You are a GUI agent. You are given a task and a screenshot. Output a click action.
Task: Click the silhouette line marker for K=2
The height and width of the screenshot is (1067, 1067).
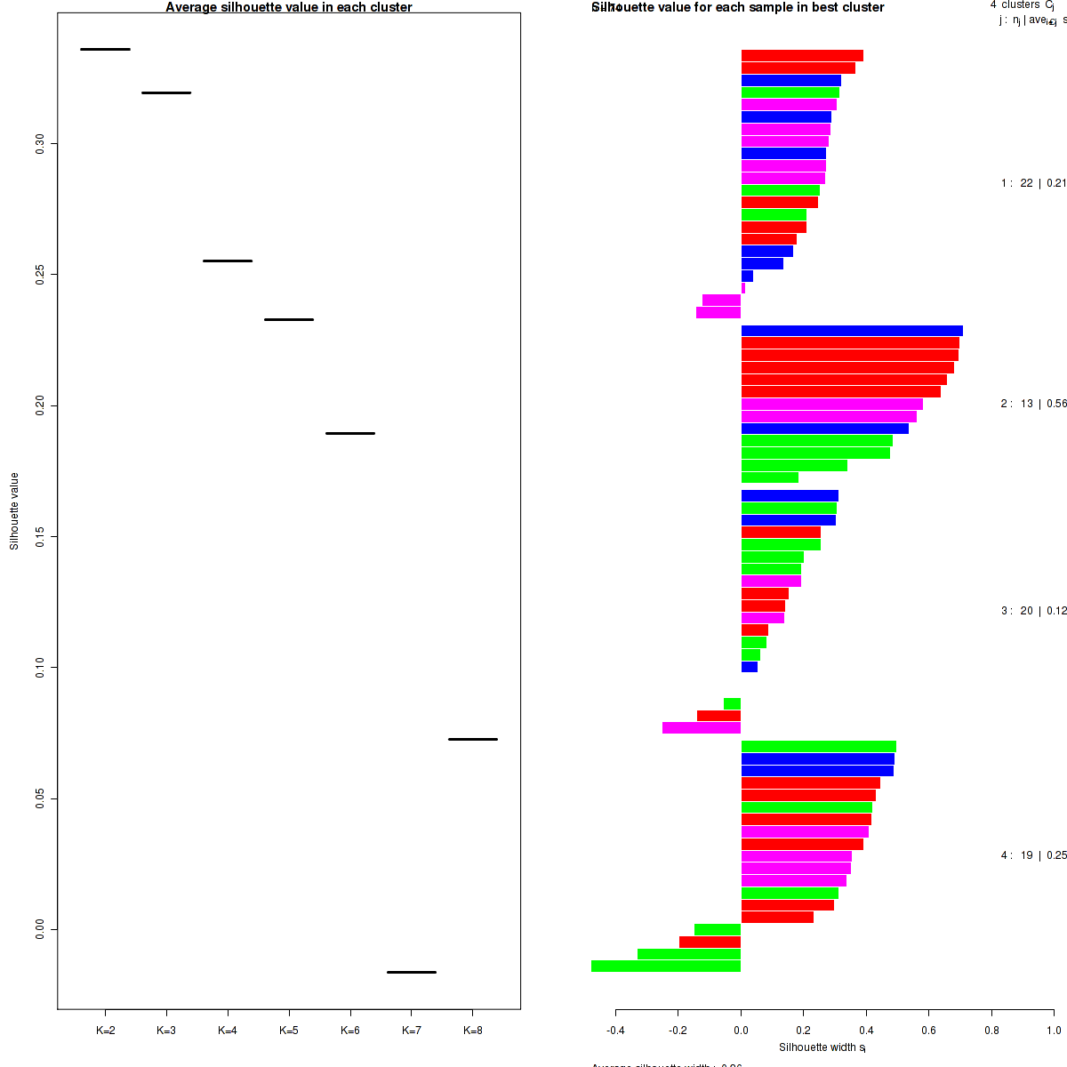point(105,49)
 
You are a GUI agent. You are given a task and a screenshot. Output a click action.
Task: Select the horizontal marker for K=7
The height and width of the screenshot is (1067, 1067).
point(412,972)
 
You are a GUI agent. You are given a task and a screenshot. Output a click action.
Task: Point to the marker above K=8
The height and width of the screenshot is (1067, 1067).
point(473,739)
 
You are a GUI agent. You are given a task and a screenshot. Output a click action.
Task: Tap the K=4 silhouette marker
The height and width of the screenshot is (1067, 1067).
point(228,261)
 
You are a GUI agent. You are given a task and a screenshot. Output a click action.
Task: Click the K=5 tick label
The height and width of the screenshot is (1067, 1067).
point(289,1031)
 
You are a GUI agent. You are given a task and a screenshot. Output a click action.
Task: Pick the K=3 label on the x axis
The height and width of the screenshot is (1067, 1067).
point(166,1031)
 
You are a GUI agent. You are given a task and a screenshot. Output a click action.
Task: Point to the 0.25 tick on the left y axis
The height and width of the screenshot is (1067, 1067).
point(40,274)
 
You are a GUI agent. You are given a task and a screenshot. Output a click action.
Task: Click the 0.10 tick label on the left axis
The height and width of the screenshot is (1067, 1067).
point(40,668)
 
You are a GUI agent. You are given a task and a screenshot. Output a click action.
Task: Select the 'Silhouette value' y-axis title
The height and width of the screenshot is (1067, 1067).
point(14,511)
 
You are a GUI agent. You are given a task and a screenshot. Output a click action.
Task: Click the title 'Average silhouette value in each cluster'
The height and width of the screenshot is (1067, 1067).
point(289,7)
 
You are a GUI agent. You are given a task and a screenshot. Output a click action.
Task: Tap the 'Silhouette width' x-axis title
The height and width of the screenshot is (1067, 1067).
point(822,1047)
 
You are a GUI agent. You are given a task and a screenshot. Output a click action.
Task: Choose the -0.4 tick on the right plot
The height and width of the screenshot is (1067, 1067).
point(615,1031)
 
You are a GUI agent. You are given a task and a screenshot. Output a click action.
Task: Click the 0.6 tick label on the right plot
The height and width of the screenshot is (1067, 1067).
point(928,1031)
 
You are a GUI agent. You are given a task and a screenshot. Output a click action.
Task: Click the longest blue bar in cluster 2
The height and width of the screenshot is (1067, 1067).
point(852,331)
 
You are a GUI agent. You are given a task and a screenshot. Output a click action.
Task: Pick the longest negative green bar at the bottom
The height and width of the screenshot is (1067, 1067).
point(666,967)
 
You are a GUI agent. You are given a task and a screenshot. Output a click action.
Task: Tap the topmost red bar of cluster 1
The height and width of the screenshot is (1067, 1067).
point(802,56)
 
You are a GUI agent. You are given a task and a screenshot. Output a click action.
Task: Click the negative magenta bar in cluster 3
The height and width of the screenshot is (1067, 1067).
point(702,728)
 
